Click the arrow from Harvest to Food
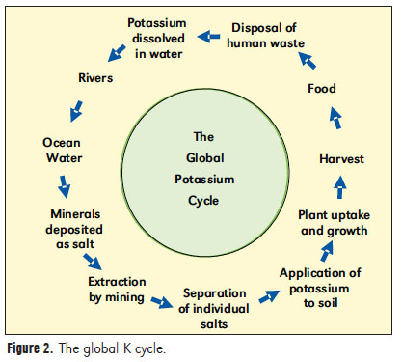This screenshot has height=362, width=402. [x=335, y=120]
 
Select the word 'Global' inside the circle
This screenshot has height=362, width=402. [x=201, y=158]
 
